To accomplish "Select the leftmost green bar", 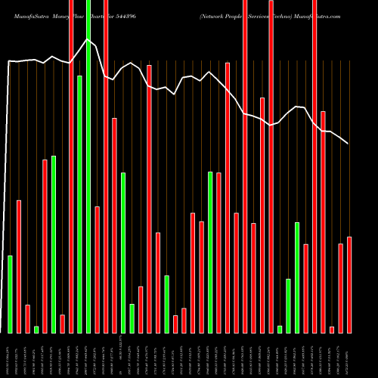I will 10,294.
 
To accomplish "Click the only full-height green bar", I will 88,166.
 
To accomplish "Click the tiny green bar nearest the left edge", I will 36,329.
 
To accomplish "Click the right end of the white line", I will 349,144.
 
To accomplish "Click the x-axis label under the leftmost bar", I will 10,355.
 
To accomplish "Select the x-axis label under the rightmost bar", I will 349,355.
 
